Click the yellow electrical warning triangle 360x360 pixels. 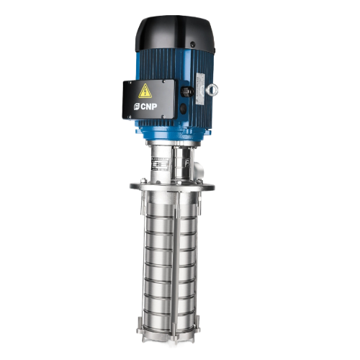[145, 91]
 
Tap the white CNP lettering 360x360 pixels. [149, 107]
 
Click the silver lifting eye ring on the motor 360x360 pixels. [212, 89]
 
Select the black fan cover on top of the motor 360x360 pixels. [175, 34]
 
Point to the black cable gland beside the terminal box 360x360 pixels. [186, 91]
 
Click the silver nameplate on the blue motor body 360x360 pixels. [200, 89]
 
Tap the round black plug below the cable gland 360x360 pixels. [184, 109]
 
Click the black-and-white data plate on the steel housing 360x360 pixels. [160, 164]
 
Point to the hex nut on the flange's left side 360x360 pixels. [144, 180]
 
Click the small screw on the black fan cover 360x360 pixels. [192, 45]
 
